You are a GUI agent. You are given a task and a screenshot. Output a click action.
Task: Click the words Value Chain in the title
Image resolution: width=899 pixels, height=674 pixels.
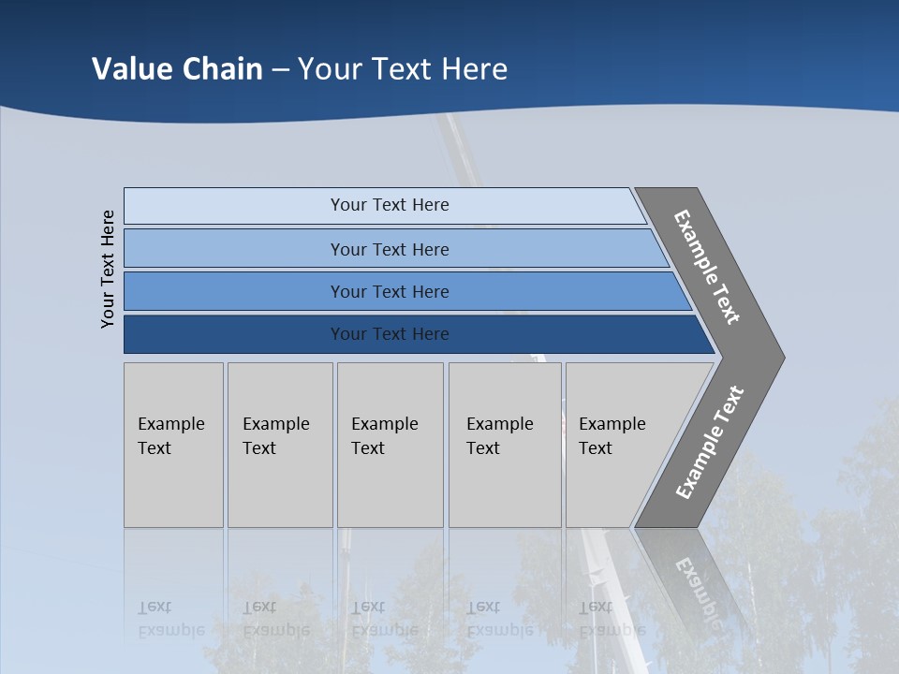coord(177,69)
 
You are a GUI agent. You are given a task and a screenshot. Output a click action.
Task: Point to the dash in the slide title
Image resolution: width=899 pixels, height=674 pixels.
coord(280,70)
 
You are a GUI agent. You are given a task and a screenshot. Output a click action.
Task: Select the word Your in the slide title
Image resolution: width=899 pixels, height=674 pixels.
coord(327,69)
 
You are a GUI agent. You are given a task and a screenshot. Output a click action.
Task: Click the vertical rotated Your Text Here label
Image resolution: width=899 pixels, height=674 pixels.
coord(108,269)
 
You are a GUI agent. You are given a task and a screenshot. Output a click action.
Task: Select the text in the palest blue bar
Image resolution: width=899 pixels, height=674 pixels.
coord(390,205)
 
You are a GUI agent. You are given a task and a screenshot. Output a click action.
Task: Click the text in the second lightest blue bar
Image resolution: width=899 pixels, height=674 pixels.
coord(390,250)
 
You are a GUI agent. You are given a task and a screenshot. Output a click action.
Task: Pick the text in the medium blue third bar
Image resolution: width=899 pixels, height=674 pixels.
coord(390,292)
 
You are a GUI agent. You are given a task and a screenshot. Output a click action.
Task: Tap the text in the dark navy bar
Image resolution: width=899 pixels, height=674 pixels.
coord(390,334)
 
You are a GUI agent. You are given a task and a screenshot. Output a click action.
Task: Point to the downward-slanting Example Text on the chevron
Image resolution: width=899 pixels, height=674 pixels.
coord(707,267)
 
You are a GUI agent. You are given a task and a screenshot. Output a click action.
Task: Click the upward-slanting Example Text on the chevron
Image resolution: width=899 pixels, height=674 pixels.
coord(710,443)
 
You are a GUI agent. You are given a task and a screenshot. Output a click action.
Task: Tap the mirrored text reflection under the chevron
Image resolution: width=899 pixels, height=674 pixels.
coord(698,585)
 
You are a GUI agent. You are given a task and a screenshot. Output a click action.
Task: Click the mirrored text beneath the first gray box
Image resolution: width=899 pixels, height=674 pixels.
coord(171,618)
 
